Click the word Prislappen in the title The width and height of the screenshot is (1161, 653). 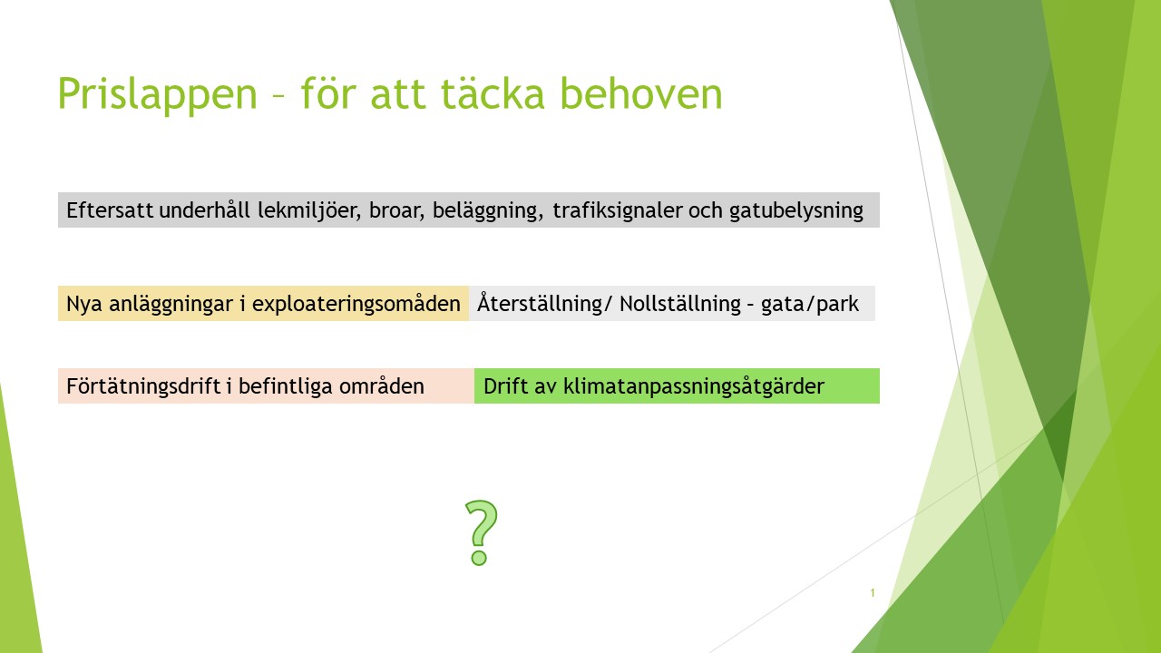pos(158,94)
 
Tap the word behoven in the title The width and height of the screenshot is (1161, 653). pos(641,93)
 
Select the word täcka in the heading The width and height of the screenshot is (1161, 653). pos(493,93)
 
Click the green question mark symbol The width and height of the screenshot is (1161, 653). pos(481,532)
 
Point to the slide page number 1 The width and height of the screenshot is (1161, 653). pos(873,593)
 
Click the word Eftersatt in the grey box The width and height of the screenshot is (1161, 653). pos(110,210)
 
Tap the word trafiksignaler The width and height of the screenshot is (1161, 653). pos(617,210)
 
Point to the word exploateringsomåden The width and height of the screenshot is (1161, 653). pos(356,304)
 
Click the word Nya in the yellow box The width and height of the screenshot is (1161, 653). pos(84,304)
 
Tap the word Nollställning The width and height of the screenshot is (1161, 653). pos(680,304)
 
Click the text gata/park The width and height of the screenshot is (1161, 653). pos(810,304)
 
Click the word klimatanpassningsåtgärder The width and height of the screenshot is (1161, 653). pos(694,386)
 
